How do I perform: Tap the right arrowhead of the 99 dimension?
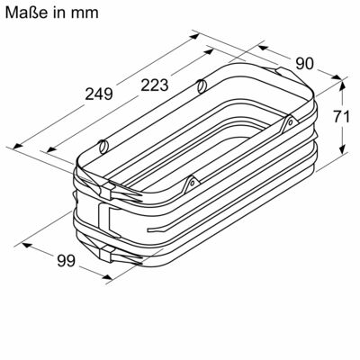click(x=107, y=278)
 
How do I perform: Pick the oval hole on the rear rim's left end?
click(x=104, y=143)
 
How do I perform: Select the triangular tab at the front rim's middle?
click(x=190, y=183)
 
